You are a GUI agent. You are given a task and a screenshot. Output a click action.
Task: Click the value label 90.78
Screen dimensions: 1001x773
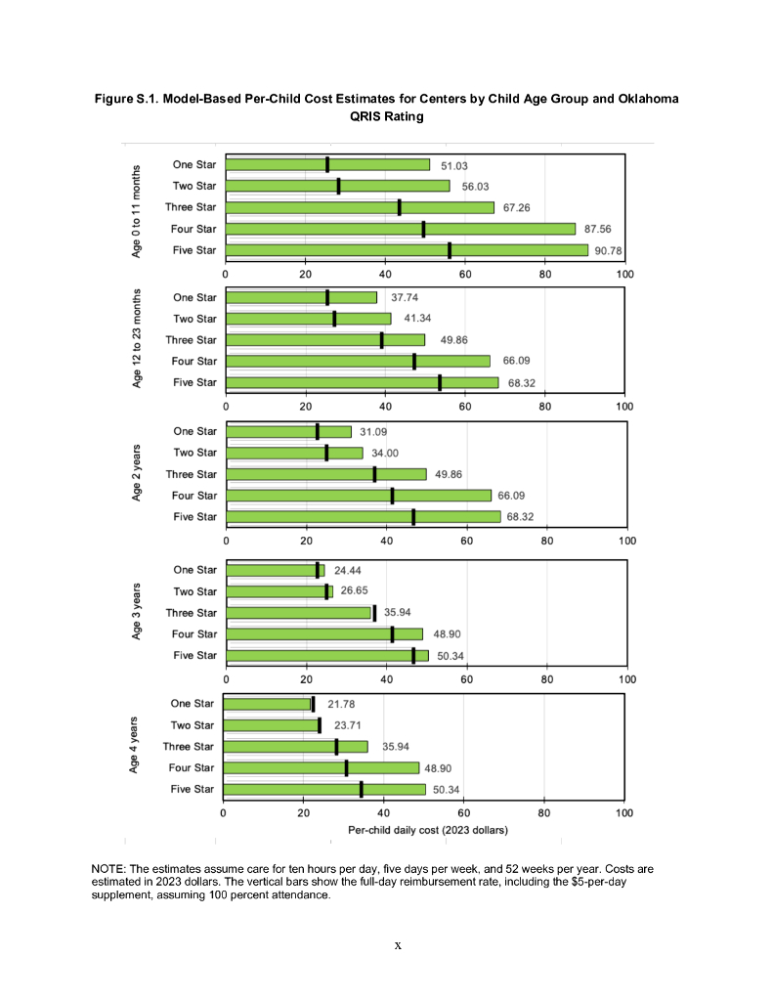pos(608,250)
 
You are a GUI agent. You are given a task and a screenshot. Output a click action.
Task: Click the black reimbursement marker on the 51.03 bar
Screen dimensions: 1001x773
pos(327,164)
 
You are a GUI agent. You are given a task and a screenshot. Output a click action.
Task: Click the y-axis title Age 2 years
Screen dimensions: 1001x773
pos(138,474)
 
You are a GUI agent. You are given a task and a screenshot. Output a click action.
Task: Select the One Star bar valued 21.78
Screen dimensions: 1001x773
pos(267,704)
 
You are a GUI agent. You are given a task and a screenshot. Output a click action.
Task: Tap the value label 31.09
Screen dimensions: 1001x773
pos(373,431)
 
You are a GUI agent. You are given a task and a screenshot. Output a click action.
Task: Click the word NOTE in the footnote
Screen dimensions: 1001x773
pos(107,868)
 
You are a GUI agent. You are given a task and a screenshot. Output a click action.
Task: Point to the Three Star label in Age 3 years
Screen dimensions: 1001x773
pos(192,613)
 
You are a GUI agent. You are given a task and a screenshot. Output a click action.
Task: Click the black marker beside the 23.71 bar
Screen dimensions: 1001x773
pos(319,725)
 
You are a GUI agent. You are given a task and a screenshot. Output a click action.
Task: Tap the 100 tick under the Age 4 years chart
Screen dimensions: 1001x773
pos(624,812)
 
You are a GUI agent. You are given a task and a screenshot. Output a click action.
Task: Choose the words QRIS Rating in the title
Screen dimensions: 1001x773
pos(386,115)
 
